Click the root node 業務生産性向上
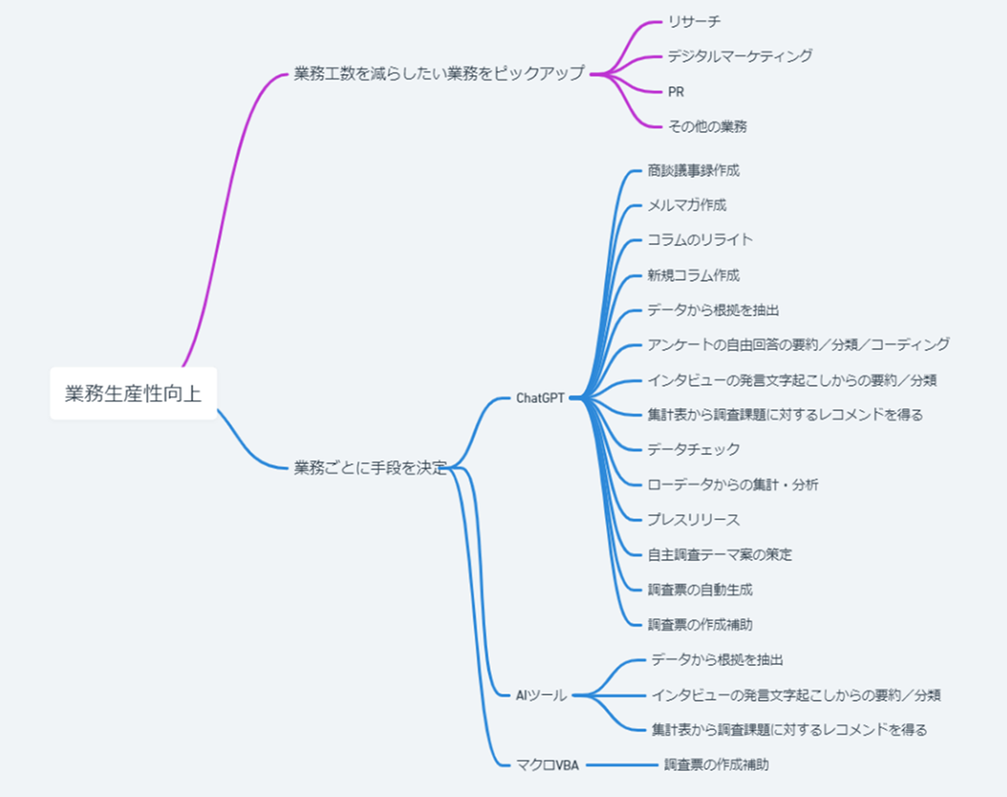pyautogui.click(x=133, y=393)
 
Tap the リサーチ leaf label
pyautogui.click(x=694, y=21)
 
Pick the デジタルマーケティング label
pyautogui.click(x=739, y=56)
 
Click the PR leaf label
pyautogui.click(x=675, y=92)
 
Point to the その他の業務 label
pyautogui.click(x=707, y=126)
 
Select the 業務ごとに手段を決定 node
pyautogui.click(x=370, y=468)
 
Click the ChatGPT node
pyautogui.click(x=540, y=398)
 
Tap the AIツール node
pyautogui.click(x=540, y=695)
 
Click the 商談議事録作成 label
pyautogui.click(x=693, y=171)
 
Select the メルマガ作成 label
pyautogui.click(x=686, y=205)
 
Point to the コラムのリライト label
pyautogui.click(x=699, y=240)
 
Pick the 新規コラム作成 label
pyautogui.click(x=693, y=275)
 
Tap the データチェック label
pyautogui.click(x=693, y=449)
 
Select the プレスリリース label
pyautogui.click(x=693, y=519)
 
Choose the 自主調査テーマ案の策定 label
pyautogui.click(x=719, y=554)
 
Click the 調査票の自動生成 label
pyautogui.click(x=699, y=590)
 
